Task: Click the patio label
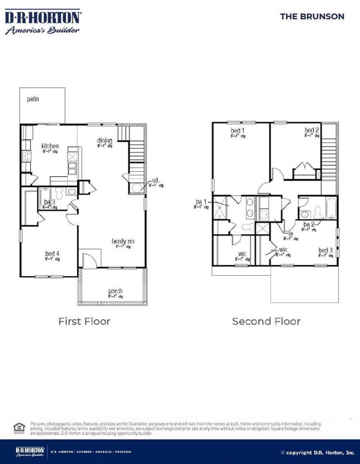tap(32, 99)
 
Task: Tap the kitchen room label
tap(50, 146)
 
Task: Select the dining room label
tap(105, 141)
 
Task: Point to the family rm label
tap(123, 242)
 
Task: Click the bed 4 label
tap(52, 254)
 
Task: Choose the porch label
tap(115, 291)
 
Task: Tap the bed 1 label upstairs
tap(237, 131)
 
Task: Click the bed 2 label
tap(312, 131)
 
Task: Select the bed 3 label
tap(325, 250)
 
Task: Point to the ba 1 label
tap(201, 202)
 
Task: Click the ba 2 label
tap(309, 224)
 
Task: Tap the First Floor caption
tap(84, 321)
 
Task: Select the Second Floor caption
tap(266, 321)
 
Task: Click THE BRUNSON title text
tap(312, 17)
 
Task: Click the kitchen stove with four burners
tap(26, 156)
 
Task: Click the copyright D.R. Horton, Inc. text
tap(318, 452)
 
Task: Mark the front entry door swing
tap(88, 259)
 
